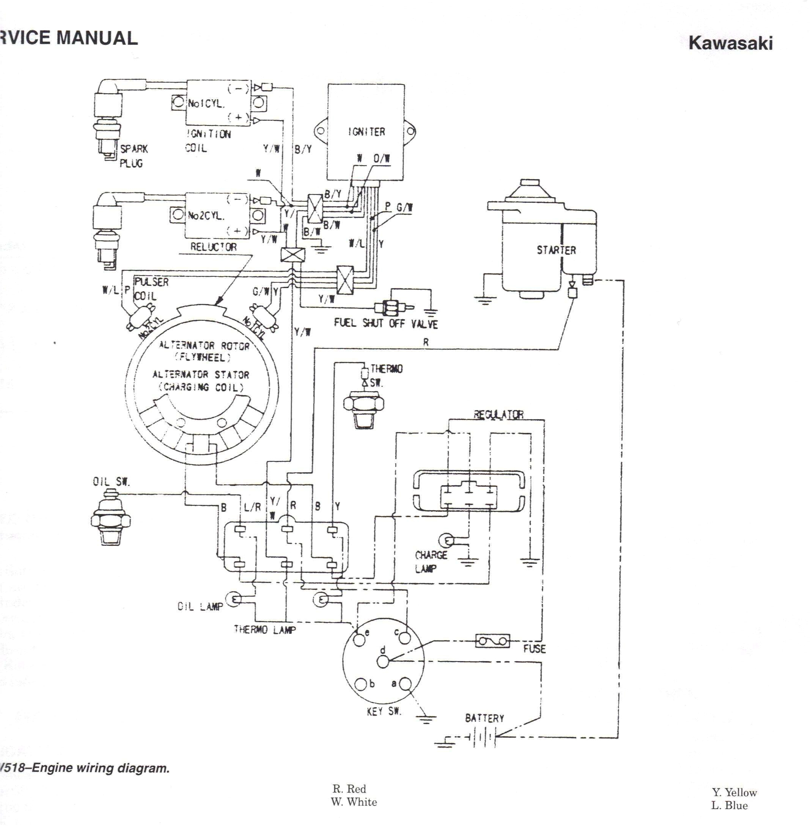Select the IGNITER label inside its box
pos(366,132)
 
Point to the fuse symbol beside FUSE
pos(492,641)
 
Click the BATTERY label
pos(484,718)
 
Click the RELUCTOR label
pos(213,246)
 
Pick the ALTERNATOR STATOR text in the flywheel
pos(201,375)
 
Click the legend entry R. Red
pos(349,788)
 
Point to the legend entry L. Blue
pos(729,805)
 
